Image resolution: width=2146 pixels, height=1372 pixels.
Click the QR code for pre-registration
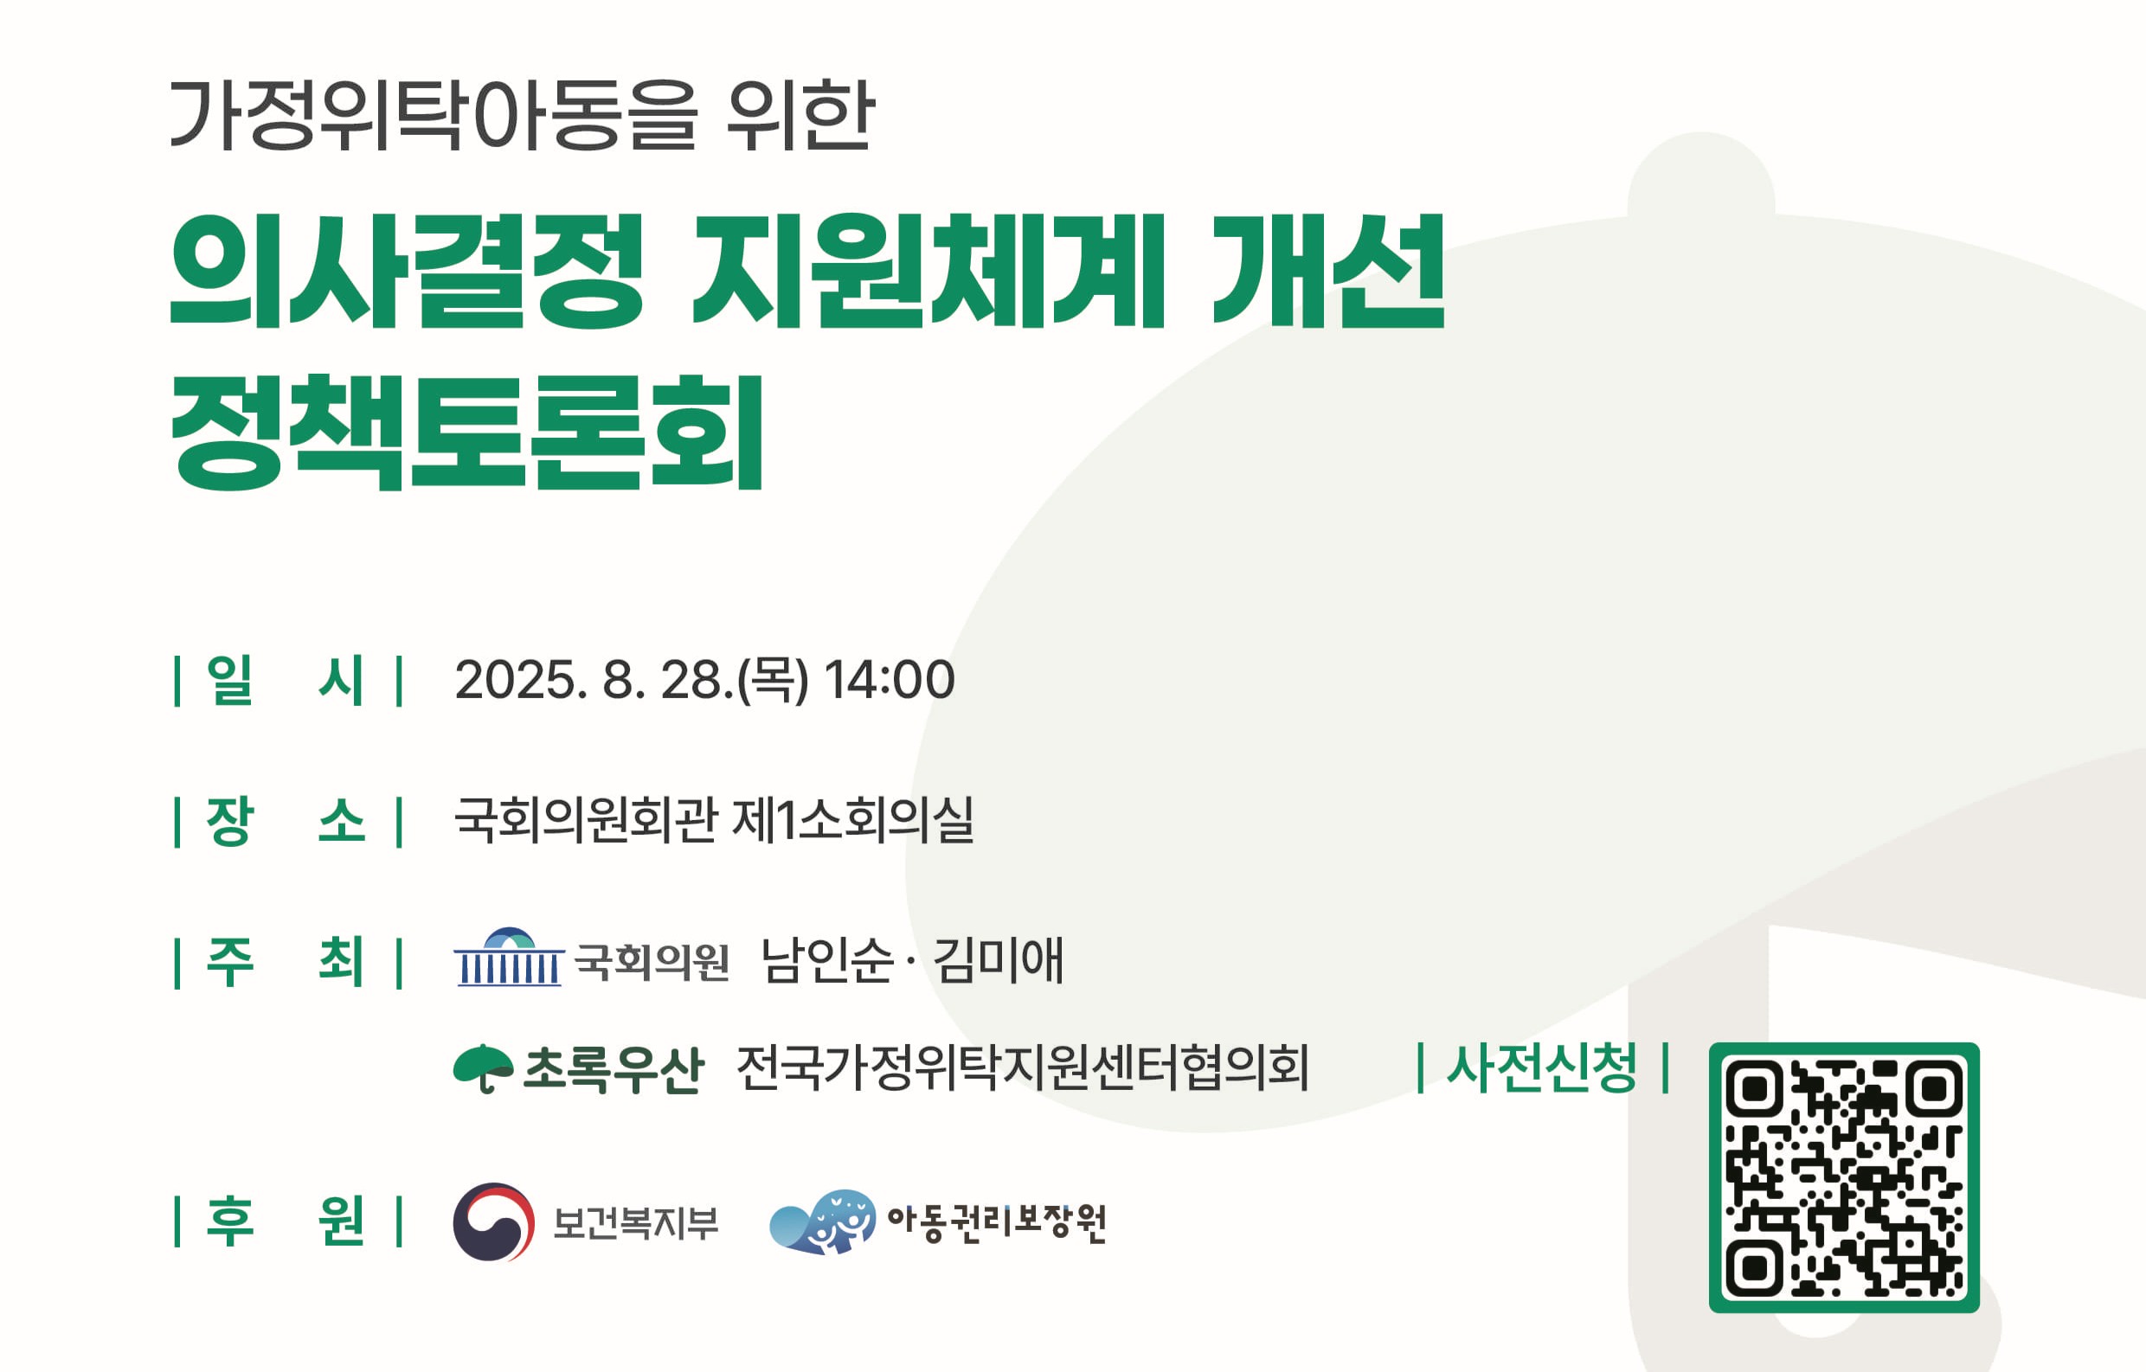coord(1844,1177)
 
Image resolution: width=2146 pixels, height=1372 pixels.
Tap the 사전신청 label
coord(1542,1067)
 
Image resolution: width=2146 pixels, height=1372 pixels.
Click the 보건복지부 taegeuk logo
coord(494,1221)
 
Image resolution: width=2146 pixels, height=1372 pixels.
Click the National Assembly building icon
coord(509,957)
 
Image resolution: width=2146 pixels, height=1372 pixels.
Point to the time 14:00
coord(890,680)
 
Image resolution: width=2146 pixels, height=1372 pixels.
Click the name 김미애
coord(998,959)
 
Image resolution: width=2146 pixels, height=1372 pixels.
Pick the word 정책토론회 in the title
coord(467,432)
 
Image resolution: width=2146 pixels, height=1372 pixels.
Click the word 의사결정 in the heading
coord(407,271)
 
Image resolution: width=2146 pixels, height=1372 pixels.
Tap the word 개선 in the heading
coord(1329,271)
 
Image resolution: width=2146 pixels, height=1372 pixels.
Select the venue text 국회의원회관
coord(586,819)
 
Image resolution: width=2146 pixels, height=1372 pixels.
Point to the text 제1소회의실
coord(853,819)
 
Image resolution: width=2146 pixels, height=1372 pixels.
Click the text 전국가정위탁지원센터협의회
coord(1023,1067)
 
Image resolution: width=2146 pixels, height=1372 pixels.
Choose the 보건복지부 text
coord(635,1223)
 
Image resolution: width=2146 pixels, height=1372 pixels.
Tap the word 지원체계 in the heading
coord(928,271)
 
